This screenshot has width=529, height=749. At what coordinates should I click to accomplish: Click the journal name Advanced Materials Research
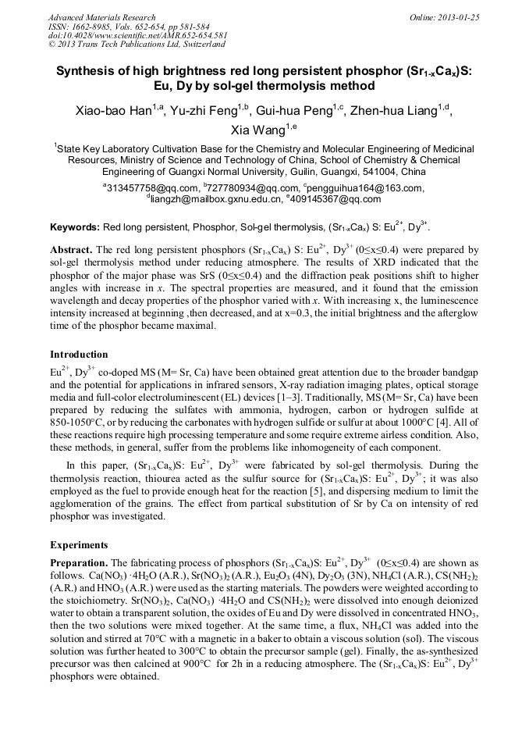click(101, 17)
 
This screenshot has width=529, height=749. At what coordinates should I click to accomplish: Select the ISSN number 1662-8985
click(94, 27)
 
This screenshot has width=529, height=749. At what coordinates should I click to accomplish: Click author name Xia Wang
click(258, 130)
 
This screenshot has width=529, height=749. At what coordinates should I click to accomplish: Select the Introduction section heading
click(79, 354)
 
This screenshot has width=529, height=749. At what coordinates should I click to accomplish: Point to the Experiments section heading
click(78, 544)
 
